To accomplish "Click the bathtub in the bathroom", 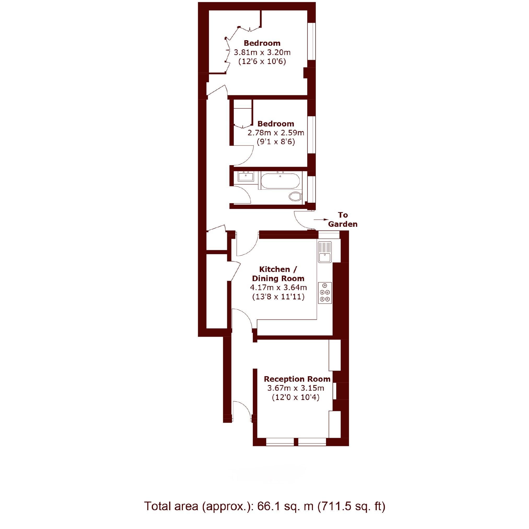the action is (280, 181).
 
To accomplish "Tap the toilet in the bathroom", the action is (295, 196).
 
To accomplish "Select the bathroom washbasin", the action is (246, 177).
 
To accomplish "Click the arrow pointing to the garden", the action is (321, 219).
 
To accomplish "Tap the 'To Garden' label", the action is (343, 220).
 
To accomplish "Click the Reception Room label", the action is (297, 379).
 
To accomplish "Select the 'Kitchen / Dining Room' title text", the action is (278, 274).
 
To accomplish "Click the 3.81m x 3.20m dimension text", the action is (262, 52).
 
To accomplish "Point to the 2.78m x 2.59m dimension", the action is (276, 133).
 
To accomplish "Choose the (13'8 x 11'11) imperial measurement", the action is (278, 297).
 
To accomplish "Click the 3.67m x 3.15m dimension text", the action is (296, 388).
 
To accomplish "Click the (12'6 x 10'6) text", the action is (262, 61).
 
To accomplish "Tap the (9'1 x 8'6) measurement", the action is (276, 142).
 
